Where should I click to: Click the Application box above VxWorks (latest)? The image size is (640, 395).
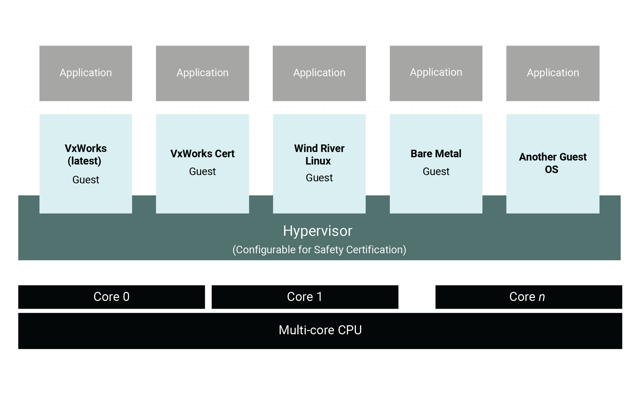click(86, 73)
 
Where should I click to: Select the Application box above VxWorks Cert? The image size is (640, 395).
click(202, 73)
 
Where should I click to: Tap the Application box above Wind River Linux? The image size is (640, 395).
click(319, 73)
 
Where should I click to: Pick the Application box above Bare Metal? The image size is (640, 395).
click(436, 73)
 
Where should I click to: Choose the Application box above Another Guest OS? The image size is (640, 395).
click(553, 73)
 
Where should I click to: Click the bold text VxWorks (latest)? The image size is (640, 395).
click(86, 154)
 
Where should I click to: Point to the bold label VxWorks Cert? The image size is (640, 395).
click(202, 153)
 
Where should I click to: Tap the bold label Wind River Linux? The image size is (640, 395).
click(319, 154)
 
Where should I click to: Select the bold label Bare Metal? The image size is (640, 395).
click(436, 153)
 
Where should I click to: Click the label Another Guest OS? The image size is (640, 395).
click(552, 163)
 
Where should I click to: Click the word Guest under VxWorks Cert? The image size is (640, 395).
click(202, 172)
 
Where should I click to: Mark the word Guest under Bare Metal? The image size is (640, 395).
click(436, 172)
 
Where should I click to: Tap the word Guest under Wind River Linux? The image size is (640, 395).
click(319, 178)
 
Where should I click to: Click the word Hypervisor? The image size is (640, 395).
click(318, 231)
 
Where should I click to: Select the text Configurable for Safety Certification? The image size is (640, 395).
click(319, 250)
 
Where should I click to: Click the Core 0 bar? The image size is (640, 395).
click(111, 297)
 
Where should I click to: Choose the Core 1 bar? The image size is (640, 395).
click(305, 297)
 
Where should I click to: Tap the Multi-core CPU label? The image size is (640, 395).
click(320, 330)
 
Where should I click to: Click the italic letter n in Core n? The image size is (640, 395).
click(542, 297)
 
